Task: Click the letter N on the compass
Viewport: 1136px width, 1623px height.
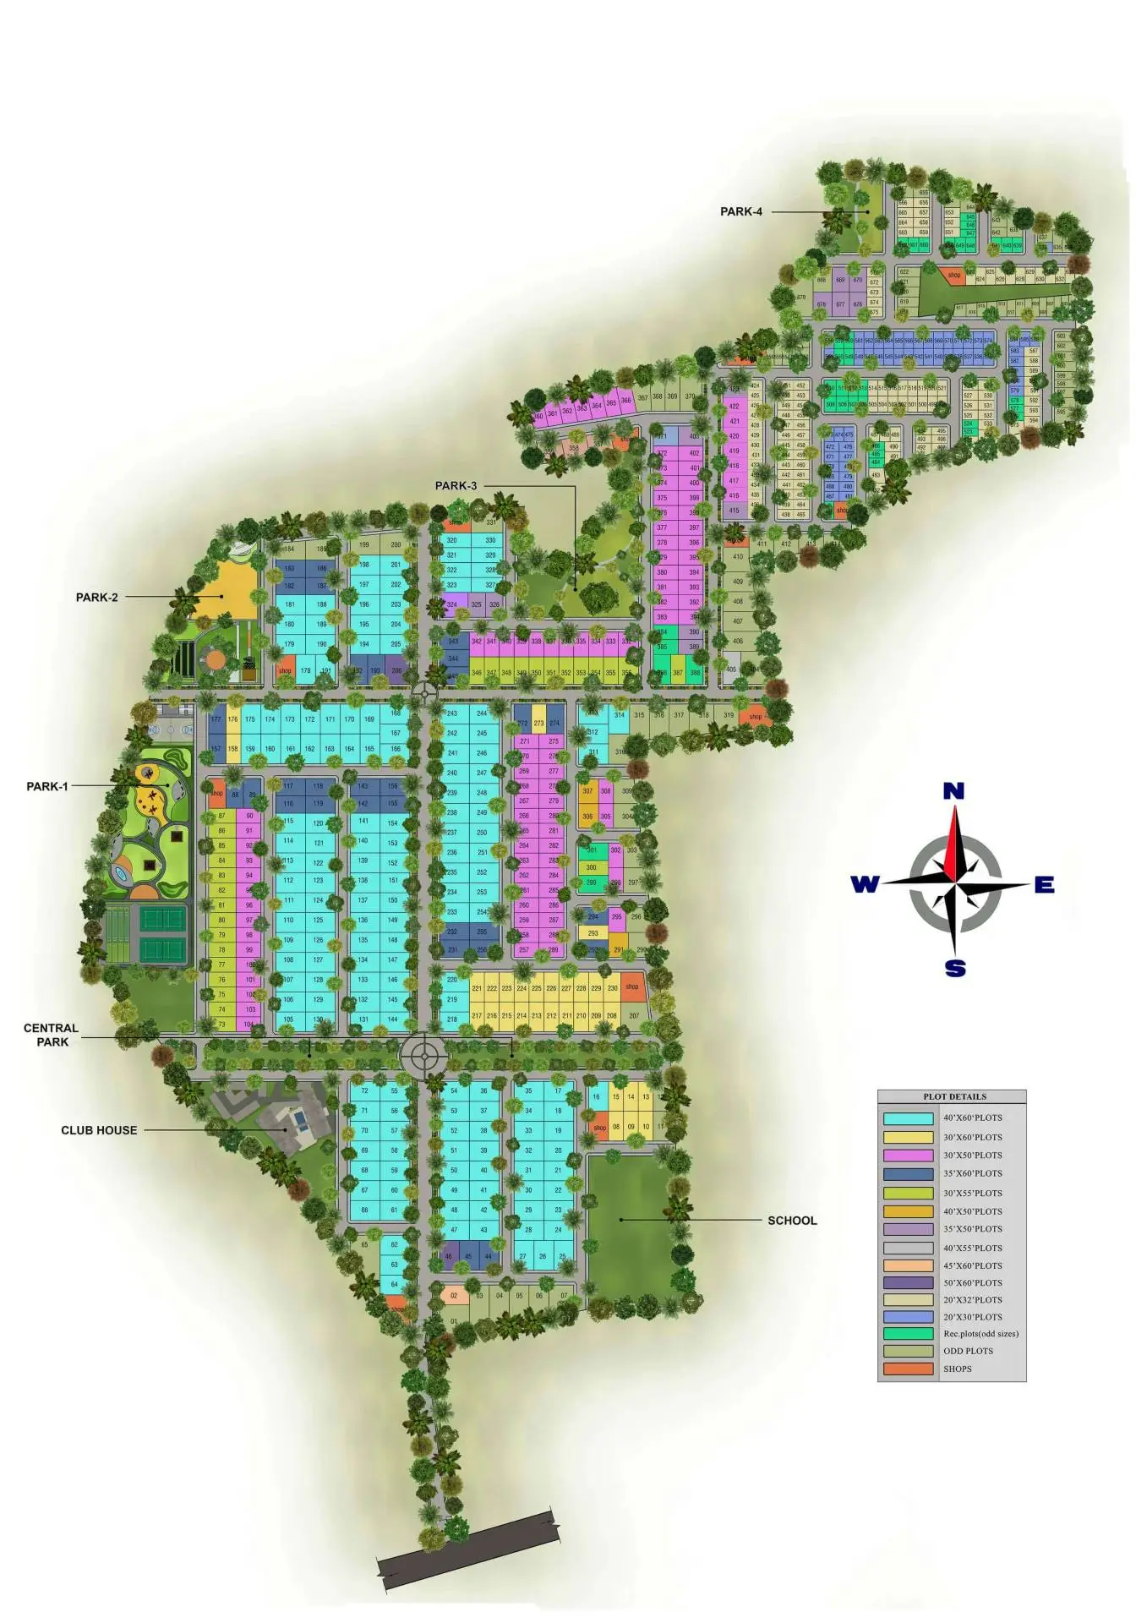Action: pyautogui.click(x=953, y=791)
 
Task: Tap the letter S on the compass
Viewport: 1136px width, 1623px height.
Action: pyautogui.click(x=955, y=969)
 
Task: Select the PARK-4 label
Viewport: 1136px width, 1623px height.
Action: pyautogui.click(x=740, y=211)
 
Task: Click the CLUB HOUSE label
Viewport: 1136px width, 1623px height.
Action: pyautogui.click(x=99, y=1130)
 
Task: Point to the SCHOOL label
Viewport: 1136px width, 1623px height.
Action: pyautogui.click(x=792, y=1221)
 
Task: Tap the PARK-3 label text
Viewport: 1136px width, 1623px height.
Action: pyautogui.click(x=456, y=486)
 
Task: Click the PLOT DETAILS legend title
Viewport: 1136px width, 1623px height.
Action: pyautogui.click(x=954, y=1096)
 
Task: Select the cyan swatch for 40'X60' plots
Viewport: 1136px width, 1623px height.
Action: pyautogui.click(x=908, y=1118)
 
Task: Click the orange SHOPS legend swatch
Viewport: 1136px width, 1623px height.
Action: pyautogui.click(x=908, y=1369)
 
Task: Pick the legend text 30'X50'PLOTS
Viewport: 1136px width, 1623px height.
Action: pyautogui.click(x=972, y=1155)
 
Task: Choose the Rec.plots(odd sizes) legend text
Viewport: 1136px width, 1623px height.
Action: pyautogui.click(x=980, y=1334)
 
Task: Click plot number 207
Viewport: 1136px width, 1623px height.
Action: pyautogui.click(x=634, y=1016)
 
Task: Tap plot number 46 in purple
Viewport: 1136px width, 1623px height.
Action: pyautogui.click(x=449, y=1256)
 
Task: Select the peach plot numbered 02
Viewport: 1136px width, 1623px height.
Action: pyautogui.click(x=454, y=1295)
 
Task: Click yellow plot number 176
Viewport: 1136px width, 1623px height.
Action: pyautogui.click(x=232, y=720)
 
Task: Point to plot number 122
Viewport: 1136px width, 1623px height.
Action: pyautogui.click(x=318, y=863)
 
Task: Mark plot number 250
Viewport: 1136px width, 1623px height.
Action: pyautogui.click(x=482, y=833)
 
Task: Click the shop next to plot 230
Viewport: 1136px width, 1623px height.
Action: pyautogui.click(x=632, y=986)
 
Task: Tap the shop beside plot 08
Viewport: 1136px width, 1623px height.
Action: pyautogui.click(x=599, y=1128)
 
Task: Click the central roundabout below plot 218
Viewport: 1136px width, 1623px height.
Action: pyautogui.click(x=422, y=1055)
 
